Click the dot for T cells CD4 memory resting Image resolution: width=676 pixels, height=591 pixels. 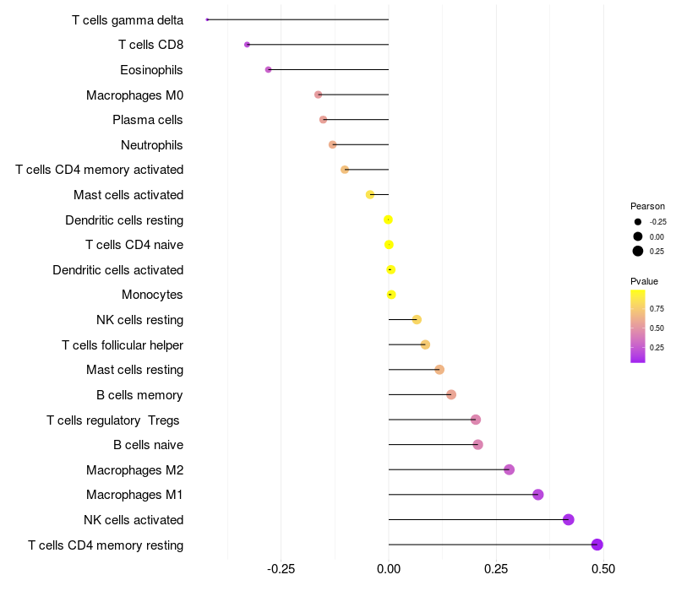pyautogui.click(x=597, y=545)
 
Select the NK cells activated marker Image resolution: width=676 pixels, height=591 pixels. pyautogui.click(x=569, y=519)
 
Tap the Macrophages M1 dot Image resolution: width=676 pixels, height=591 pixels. pyautogui.click(x=538, y=495)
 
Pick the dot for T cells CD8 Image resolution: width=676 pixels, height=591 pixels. pyautogui.click(x=247, y=45)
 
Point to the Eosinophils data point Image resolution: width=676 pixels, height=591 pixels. pyautogui.click(x=269, y=69)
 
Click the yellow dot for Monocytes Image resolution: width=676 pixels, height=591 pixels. pyautogui.click(x=390, y=295)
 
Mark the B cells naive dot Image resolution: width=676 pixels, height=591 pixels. pyautogui.click(x=478, y=445)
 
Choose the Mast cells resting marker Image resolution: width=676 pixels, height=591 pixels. pyautogui.click(x=439, y=370)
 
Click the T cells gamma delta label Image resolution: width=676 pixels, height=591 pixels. pyautogui.click(x=128, y=20)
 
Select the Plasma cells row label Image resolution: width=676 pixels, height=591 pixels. pyautogui.click(x=148, y=120)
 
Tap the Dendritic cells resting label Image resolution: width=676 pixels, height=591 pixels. pyautogui.click(x=124, y=220)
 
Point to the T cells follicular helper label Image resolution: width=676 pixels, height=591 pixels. pyautogui.click(x=123, y=345)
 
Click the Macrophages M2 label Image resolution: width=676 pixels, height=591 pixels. pyautogui.click(x=134, y=470)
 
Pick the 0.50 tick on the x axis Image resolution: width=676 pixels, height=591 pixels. pyautogui.click(x=603, y=569)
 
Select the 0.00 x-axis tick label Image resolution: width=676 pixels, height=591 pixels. pyautogui.click(x=389, y=569)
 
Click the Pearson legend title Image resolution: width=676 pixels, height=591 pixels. pyautogui.click(x=647, y=206)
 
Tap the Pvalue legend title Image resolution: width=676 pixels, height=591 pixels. pyautogui.click(x=644, y=281)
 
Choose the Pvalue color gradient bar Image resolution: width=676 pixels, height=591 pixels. pyautogui.click(x=638, y=326)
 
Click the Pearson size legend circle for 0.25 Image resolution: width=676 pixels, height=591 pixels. pyautogui.click(x=638, y=251)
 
